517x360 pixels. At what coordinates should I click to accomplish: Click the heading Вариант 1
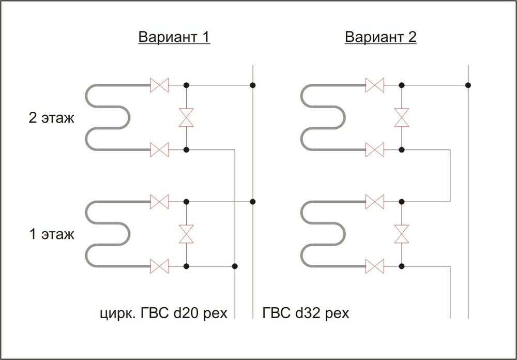pos(174,37)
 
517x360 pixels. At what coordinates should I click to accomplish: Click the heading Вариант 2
pos(381,37)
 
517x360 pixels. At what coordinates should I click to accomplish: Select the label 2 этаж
pos(51,118)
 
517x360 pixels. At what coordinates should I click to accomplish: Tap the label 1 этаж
pos(51,234)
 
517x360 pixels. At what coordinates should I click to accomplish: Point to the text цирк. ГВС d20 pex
pos(164,313)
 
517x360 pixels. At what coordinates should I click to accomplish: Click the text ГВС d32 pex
pos(306,313)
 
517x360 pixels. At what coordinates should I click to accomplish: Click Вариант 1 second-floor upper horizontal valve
pos(160,85)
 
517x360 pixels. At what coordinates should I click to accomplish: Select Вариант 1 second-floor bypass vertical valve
pos(186,117)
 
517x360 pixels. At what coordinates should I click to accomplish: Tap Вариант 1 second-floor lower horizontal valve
pos(160,150)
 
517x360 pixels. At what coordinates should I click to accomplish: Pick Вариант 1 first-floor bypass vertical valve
pos(186,234)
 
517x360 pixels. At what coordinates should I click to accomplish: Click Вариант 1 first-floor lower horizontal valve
pos(160,266)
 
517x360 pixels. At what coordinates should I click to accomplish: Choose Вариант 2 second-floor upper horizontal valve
pos(375,85)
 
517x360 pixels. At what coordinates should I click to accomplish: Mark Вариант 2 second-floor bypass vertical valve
pos(402,117)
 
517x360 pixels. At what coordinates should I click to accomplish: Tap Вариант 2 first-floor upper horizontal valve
pos(375,202)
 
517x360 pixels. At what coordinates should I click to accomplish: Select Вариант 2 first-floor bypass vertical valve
pos(402,234)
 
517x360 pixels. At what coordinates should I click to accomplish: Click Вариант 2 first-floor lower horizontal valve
pos(375,266)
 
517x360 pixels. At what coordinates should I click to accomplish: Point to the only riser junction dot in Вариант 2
pos(468,85)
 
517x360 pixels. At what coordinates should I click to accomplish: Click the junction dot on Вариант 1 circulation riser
pos(235,266)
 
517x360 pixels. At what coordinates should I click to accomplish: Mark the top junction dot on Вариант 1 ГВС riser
pos(253,85)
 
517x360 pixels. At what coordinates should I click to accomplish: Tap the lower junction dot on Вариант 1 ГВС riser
pos(253,202)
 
